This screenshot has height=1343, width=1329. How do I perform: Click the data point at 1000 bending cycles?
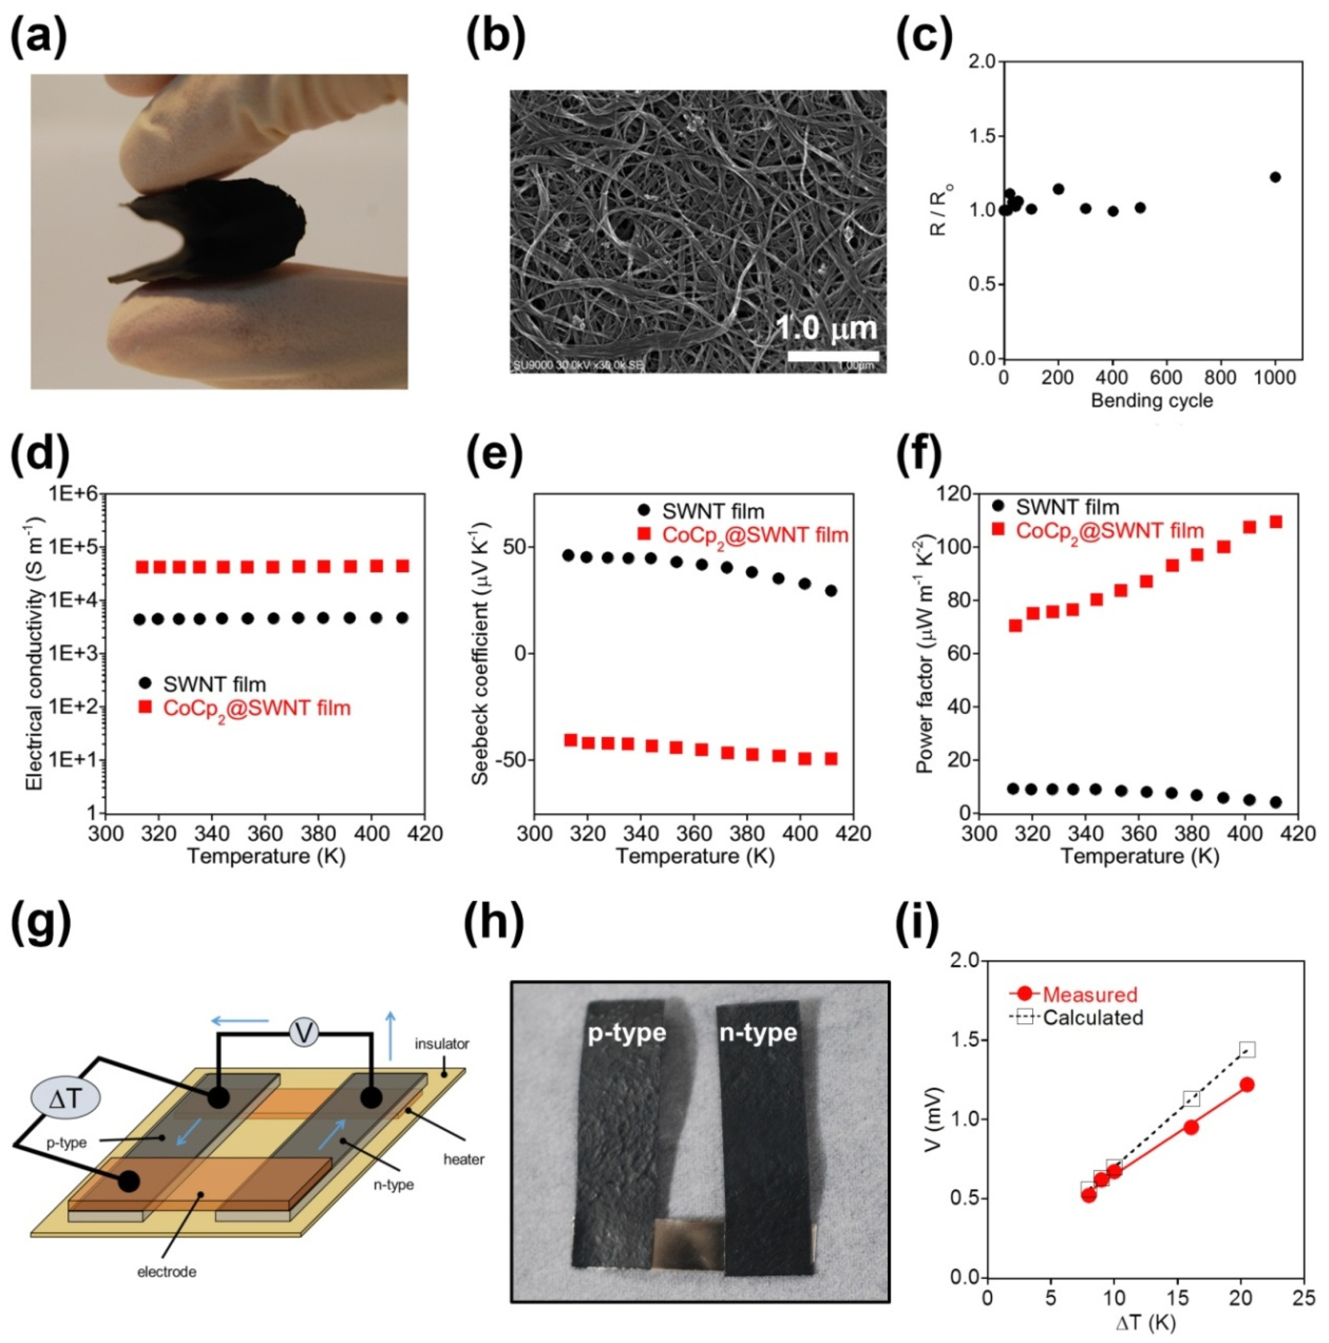(x=1275, y=177)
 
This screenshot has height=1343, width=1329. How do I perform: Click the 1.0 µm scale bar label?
(x=827, y=328)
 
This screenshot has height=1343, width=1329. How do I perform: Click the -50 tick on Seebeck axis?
(x=510, y=760)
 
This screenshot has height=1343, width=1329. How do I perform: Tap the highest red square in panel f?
(x=1275, y=521)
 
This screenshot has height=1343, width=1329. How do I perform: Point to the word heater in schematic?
(x=464, y=1159)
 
